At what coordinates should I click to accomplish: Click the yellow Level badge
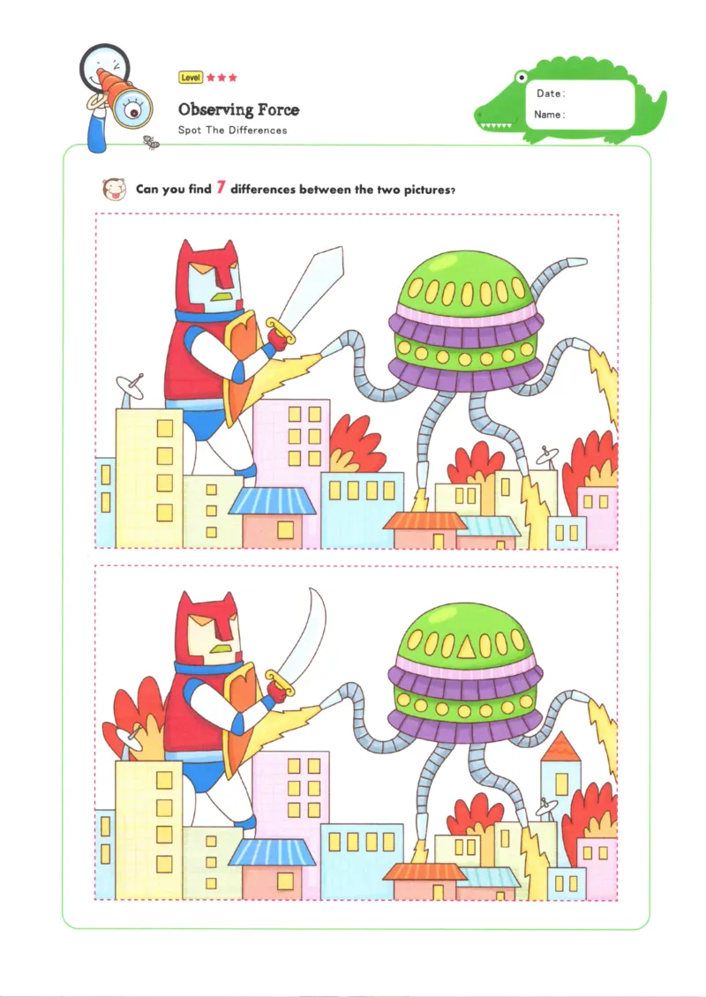[x=191, y=78]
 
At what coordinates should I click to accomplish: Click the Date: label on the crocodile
[x=551, y=94]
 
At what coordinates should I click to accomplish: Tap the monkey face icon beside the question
[x=112, y=188]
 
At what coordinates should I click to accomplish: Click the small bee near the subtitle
[x=151, y=141]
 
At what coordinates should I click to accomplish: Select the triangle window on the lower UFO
[x=465, y=649]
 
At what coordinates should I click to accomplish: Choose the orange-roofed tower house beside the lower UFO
[x=560, y=768]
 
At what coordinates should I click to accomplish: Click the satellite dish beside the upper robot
[x=131, y=385]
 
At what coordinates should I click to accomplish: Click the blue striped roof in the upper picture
[x=272, y=501]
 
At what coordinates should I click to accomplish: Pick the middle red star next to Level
[x=222, y=78]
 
